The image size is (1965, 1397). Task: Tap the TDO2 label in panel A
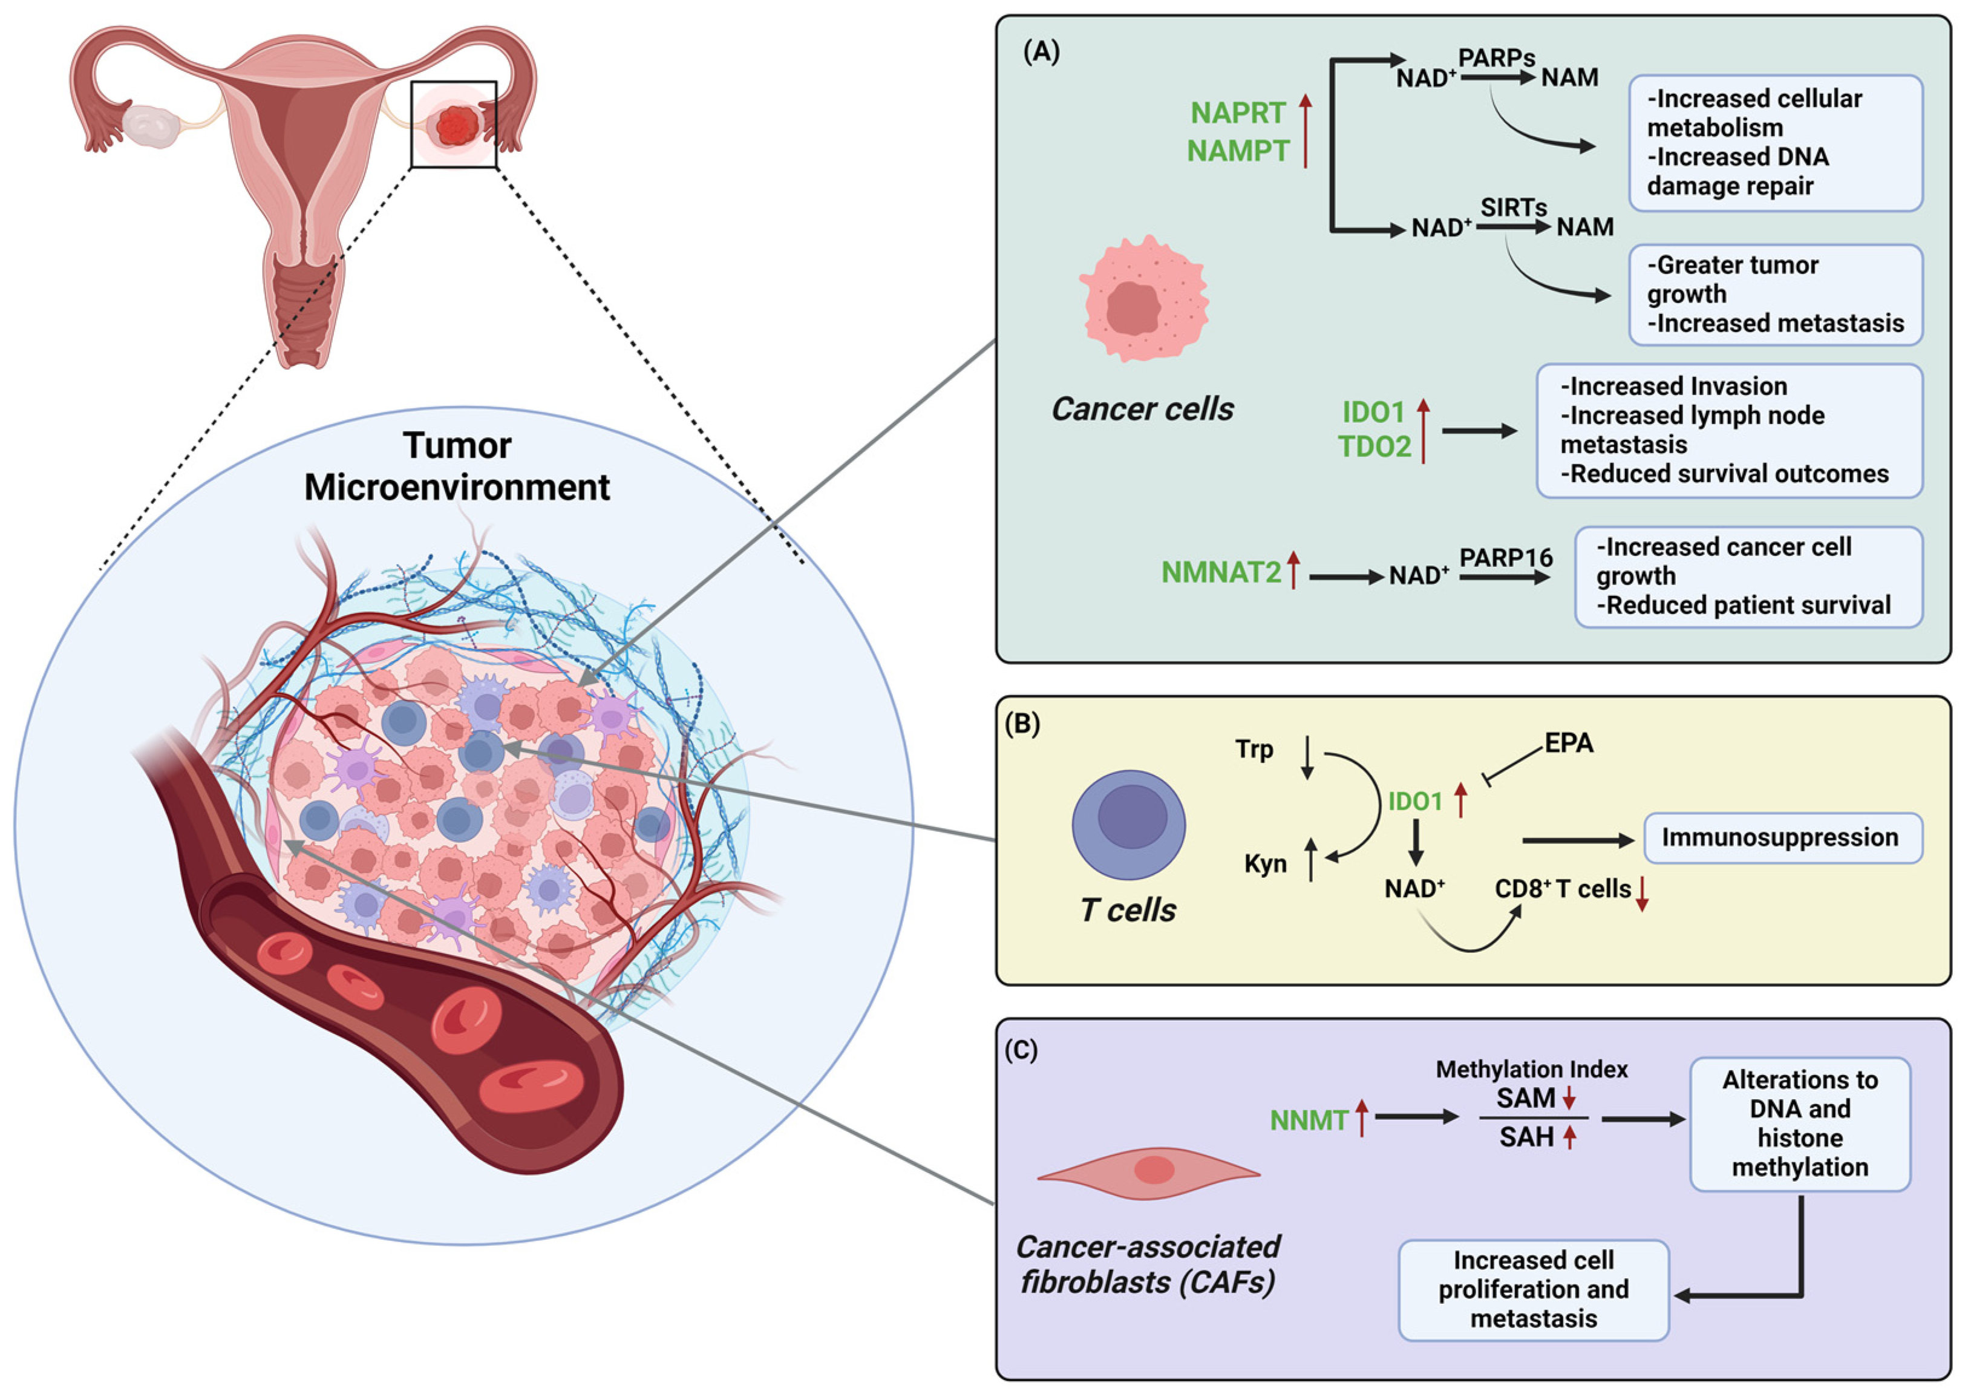pos(1374,447)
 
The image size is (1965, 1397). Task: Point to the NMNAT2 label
pos(1220,572)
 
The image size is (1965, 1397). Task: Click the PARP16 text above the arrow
pos(1506,557)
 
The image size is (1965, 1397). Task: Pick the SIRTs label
pos(1514,208)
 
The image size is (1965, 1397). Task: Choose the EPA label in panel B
pos(1569,743)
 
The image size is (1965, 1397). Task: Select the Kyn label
pos(1265,863)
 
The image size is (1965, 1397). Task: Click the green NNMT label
pos(1309,1120)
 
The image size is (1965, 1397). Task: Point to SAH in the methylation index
pos(1526,1137)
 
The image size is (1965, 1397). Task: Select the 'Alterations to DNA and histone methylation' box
pos(1800,1124)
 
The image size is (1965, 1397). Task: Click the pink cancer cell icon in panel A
pos(1144,298)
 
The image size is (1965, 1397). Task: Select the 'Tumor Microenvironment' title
pos(457,466)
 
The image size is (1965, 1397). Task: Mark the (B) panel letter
pos(1022,724)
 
